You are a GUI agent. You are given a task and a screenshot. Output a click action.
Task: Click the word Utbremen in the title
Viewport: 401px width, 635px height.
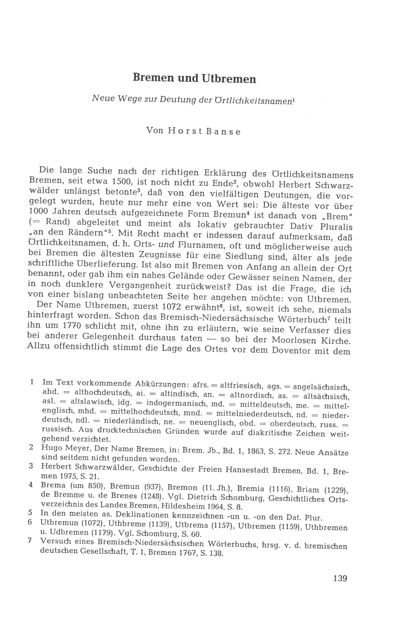point(229,79)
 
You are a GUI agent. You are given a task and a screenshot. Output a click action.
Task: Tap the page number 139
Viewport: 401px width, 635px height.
point(340,578)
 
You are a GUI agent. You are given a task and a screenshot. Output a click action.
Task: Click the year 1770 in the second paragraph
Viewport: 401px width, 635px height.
point(71,326)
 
